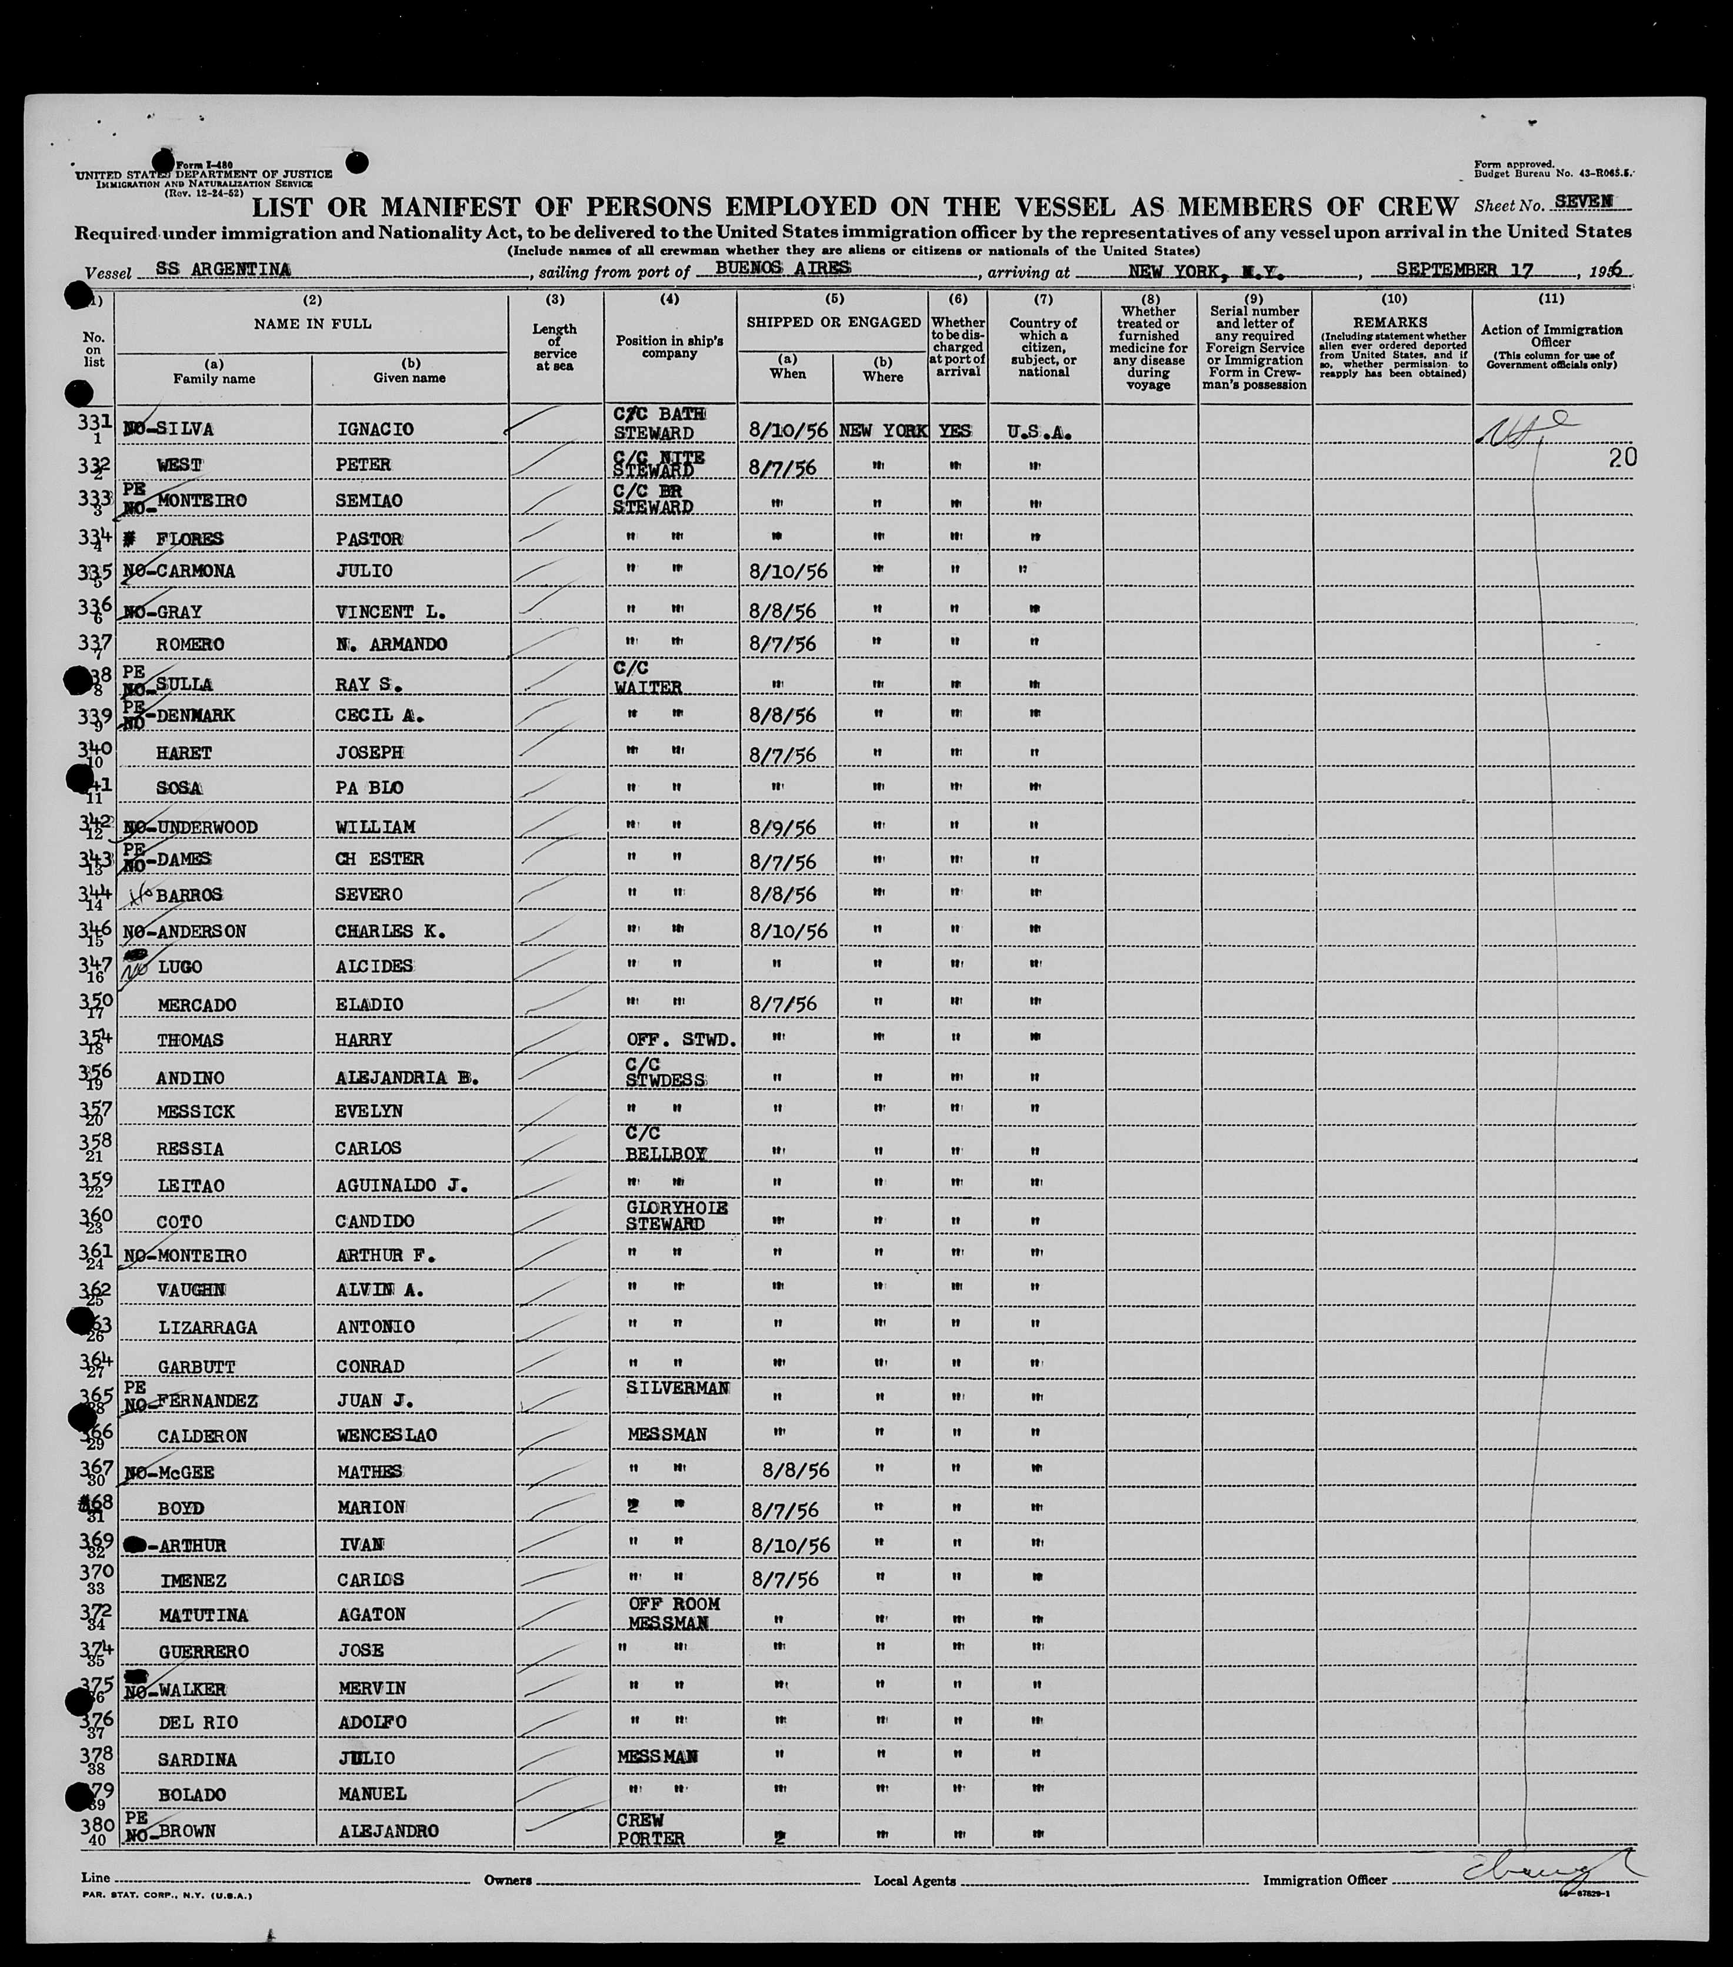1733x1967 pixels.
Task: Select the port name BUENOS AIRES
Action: pos(782,268)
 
